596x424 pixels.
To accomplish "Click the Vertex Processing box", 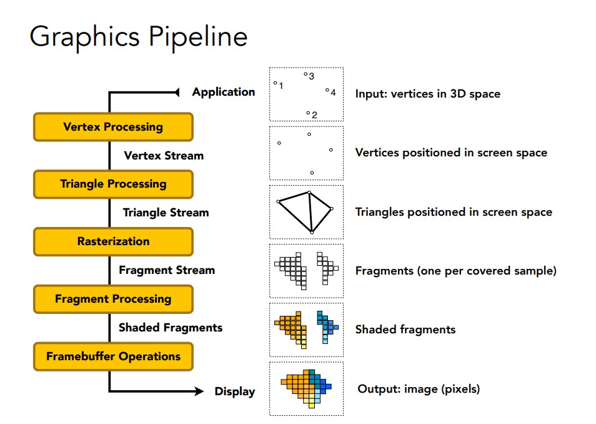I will tap(113, 127).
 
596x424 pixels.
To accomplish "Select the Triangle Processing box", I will tap(113, 184).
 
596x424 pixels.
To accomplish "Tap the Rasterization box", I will tap(113, 241).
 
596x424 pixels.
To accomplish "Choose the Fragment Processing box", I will tap(113, 299).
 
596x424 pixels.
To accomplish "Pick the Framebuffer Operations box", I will tap(113, 356).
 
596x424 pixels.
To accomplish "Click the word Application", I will tap(224, 92).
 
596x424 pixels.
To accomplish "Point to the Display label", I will tap(235, 391).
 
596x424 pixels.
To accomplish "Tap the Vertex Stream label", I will tap(164, 155).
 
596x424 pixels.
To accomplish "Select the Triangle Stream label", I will tap(166, 213).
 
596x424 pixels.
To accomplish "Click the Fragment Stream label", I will tap(167, 270).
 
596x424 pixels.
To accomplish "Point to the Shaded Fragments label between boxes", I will tap(171, 327).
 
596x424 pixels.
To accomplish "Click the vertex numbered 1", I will tap(275, 83).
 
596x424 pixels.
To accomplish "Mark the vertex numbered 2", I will tap(308, 113).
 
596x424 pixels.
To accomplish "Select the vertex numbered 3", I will tap(305, 74).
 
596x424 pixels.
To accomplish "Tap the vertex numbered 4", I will tap(327, 91).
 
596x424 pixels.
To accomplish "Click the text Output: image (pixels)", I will tap(419, 389).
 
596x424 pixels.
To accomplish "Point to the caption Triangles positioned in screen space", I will tap(454, 212).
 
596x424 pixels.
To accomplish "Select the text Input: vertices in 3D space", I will tap(428, 94).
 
